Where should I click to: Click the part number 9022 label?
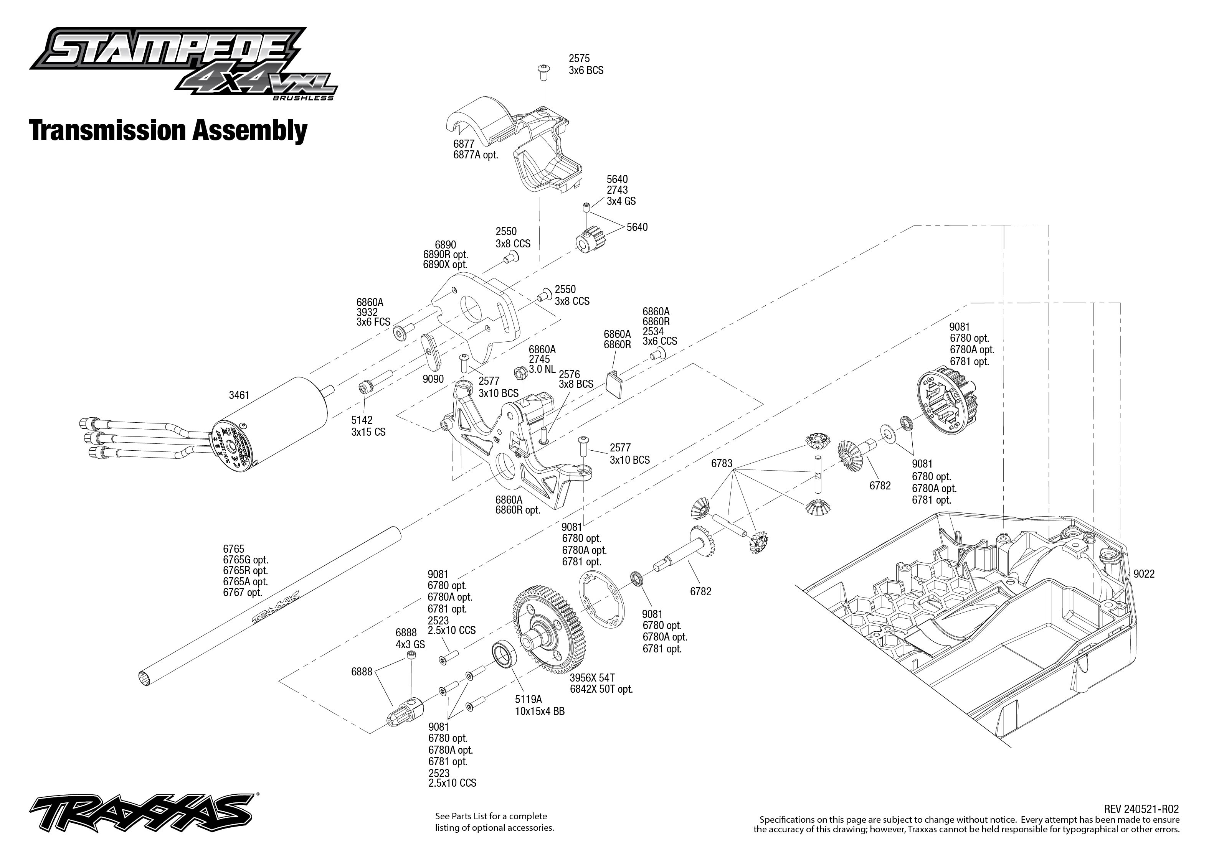tap(1144, 574)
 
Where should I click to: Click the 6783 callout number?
tap(722, 463)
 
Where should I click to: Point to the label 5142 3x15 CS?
tap(368, 426)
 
